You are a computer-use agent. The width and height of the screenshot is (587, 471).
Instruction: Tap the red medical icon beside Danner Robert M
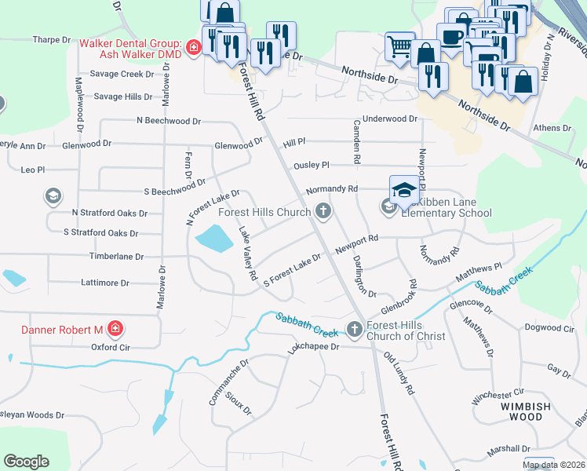pyautogui.click(x=115, y=328)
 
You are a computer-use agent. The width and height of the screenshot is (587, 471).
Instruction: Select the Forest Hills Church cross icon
pyautogui.click(x=323, y=211)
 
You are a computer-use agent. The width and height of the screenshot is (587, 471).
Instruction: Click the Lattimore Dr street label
pyautogui.click(x=104, y=282)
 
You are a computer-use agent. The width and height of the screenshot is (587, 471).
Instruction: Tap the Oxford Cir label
pyautogui.click(x=110, y=346)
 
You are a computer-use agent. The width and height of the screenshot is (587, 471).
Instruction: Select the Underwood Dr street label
pyautogui.click(x=390, y=119)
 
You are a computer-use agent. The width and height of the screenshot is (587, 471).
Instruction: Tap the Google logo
pyautogui.click(x=26, y=462)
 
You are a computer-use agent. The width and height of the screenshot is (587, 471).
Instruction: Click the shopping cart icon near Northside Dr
pyautogui.click(x=400, y=46)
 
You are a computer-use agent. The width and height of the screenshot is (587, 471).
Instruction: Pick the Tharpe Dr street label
pyautogui.click(x=53, y=39)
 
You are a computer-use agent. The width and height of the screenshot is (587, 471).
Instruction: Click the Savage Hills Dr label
pyautogui.click(x=122, y=97)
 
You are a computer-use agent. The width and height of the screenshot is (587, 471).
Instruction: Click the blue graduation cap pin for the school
pyautogui.click(x=404, y=191)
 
